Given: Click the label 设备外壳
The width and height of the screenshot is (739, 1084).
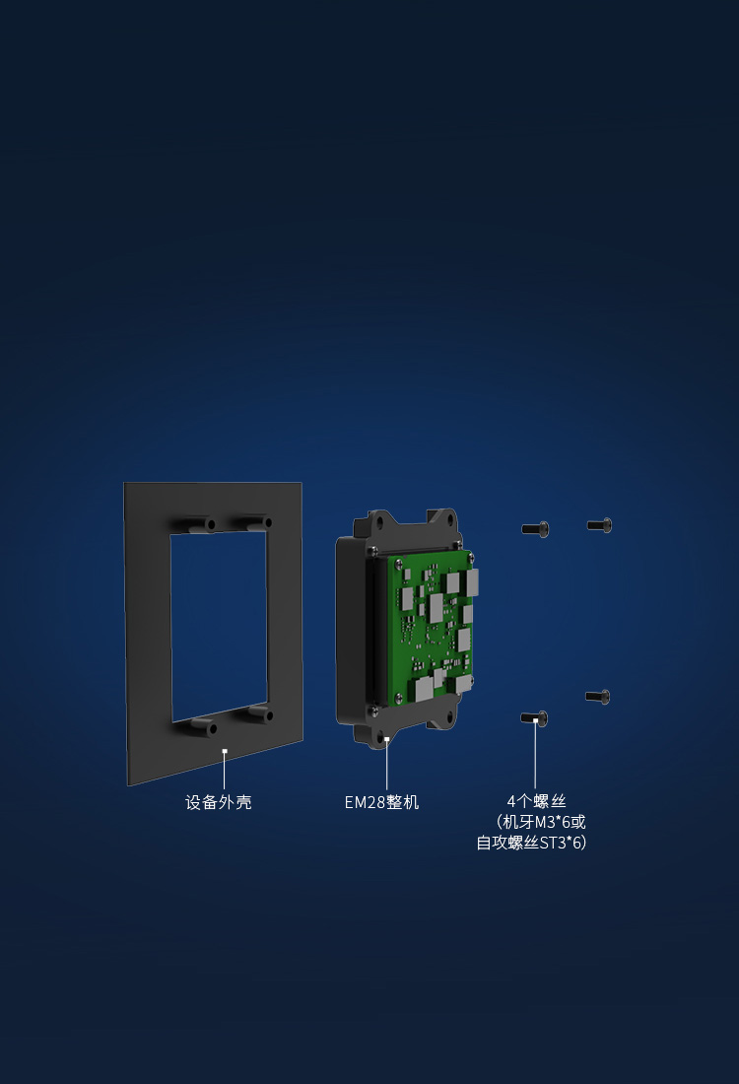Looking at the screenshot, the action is point(219,802).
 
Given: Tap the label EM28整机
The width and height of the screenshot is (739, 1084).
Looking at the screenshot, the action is point(381,802).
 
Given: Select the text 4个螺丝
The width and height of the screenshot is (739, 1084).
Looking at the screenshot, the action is point(536,801).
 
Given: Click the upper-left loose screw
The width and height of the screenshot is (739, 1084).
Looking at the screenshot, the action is point(536,529).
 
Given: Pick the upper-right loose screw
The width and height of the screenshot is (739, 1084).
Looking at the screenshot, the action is point(600,525).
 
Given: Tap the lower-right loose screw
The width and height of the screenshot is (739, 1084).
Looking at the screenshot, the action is point(598,697).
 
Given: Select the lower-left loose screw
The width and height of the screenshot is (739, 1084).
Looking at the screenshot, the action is point(534,719).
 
